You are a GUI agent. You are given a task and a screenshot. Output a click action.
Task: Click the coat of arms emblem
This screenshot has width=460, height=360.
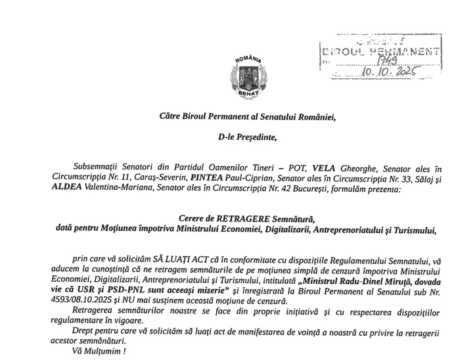248,78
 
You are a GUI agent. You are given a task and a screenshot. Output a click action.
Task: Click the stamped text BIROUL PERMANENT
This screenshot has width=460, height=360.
379,51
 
